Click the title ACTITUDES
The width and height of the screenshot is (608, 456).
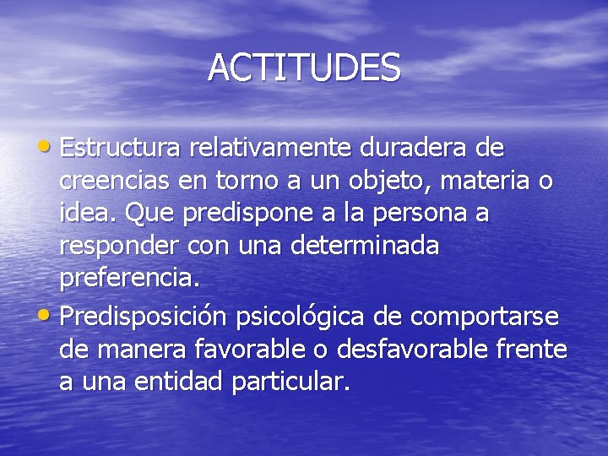[x=304, y=68]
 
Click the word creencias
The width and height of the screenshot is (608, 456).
[x=114, y=182]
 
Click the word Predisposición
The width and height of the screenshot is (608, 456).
[x=144, y=317]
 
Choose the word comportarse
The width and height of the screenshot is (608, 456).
[x=485, y=317]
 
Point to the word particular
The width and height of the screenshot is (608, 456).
[x=290, y=382]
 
